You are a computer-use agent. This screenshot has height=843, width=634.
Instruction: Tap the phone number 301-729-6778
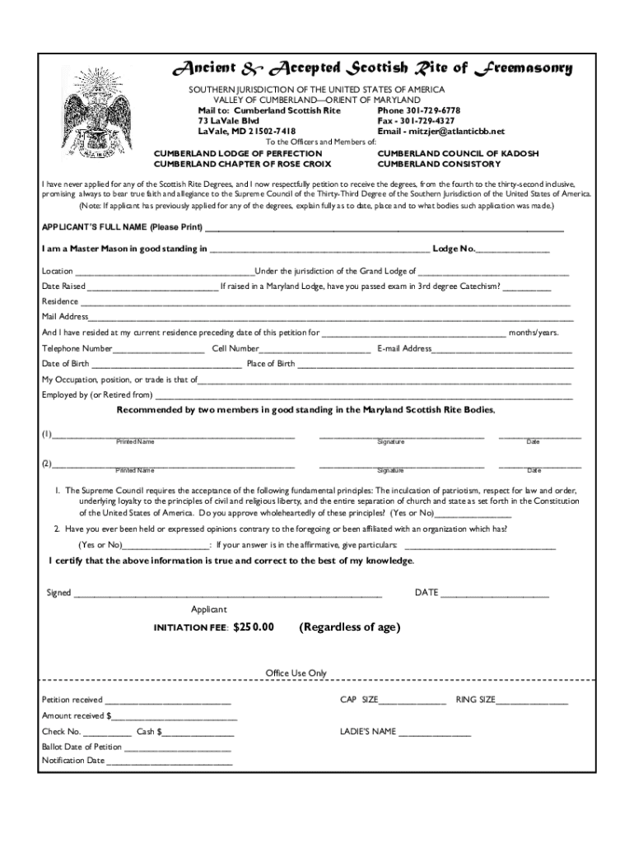coord(431,110)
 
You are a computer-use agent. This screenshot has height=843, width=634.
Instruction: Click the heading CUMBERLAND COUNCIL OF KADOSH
coord(458,153)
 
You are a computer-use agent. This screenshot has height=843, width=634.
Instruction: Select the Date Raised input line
coord(152,288)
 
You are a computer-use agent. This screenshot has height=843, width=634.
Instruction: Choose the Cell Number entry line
coord(303,350)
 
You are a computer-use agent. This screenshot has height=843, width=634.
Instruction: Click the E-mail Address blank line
coord(502,350)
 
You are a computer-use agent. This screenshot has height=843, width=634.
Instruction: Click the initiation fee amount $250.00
coord(253,627)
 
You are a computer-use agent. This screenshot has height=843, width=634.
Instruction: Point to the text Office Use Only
coord(296,673)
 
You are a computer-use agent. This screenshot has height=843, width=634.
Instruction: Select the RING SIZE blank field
coord(532,701)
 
